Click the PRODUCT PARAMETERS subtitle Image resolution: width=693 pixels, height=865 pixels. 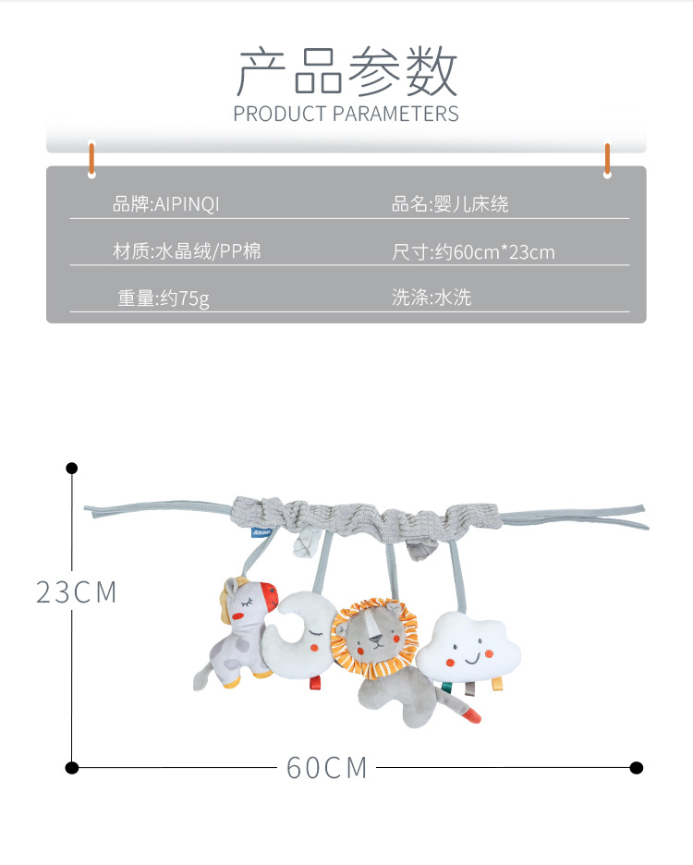pos(346,115)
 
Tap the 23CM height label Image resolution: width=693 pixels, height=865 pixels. pos(77,592)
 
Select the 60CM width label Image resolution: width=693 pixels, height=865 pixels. pos(327,767)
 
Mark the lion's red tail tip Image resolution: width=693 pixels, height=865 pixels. pos(473,714)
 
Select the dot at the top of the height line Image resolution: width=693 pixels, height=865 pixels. pos(71,469)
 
